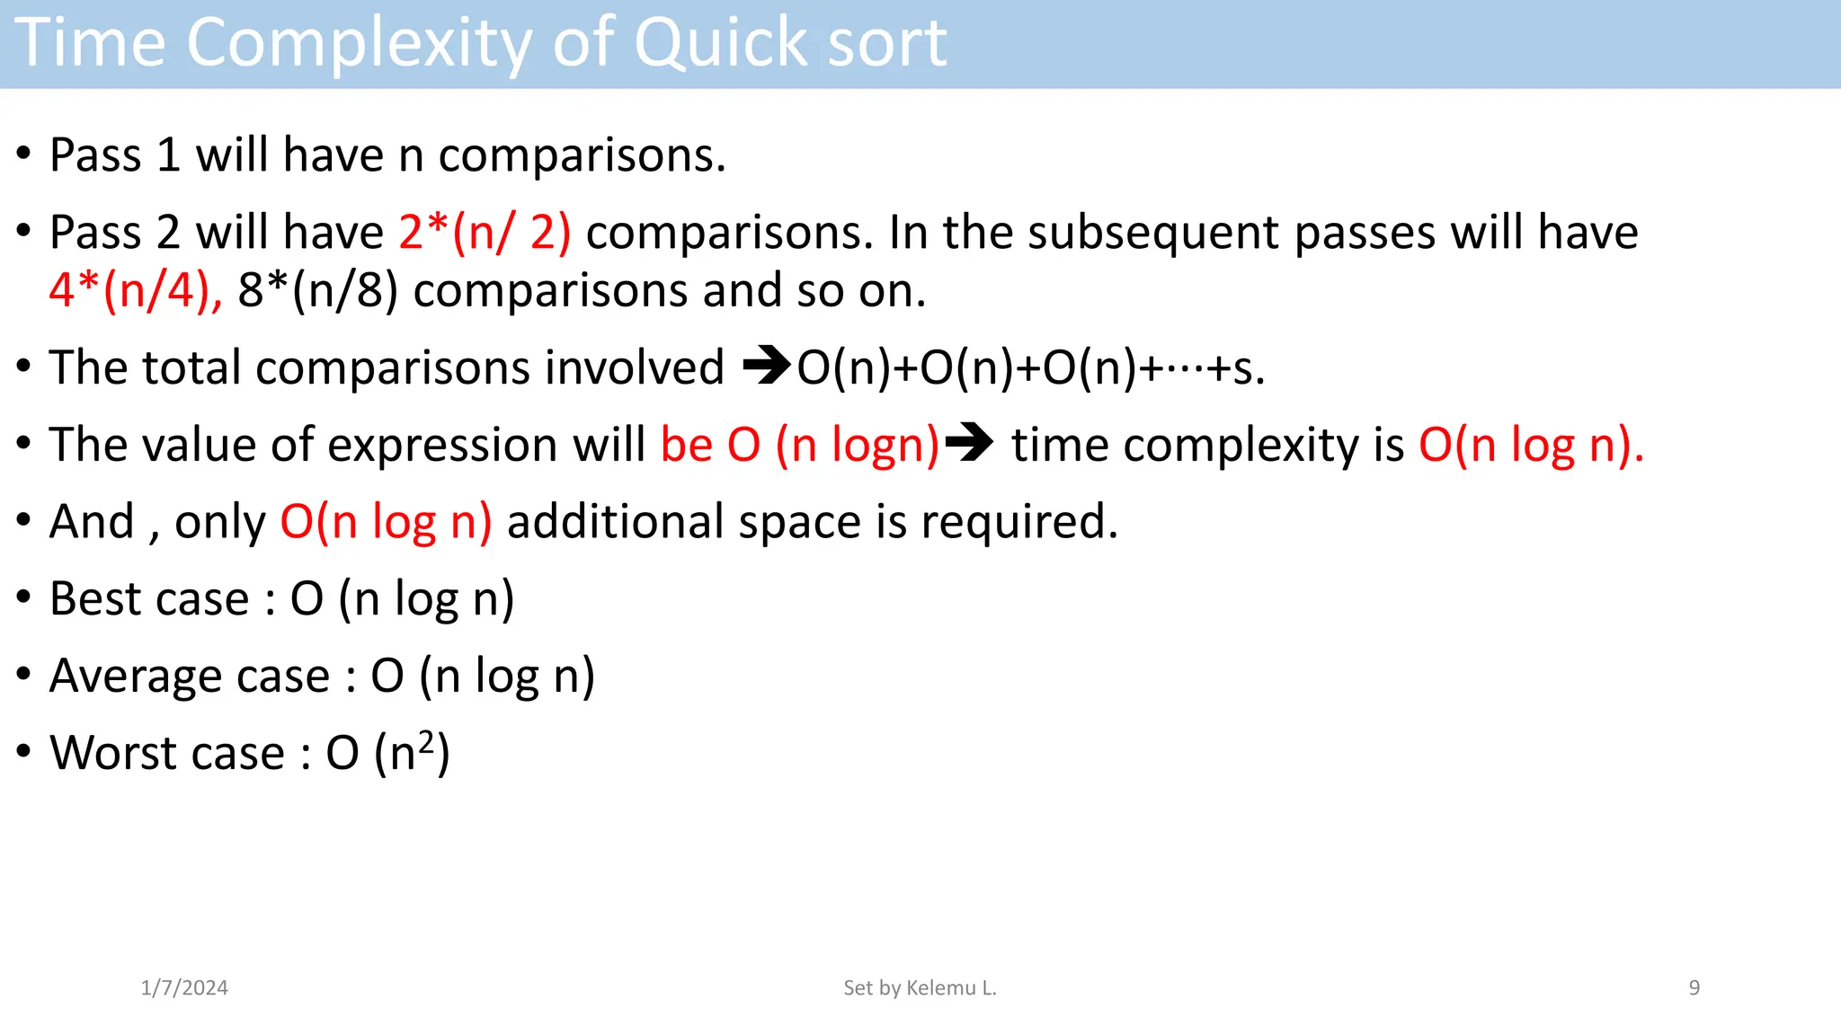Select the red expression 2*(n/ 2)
[x=485, y=233]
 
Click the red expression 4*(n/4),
[x=136, y=291]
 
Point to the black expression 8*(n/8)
[x=317, y=291]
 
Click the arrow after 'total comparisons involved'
[x=766, y=366]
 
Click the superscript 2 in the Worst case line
[x=426, y=742]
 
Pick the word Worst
[x=109, y=753]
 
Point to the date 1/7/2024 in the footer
[x=184, y=988]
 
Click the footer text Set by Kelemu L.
[x=920, y=988]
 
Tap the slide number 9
[x=1694, y=988]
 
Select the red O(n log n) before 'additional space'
[x=386, y=522]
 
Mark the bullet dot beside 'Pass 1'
[x=24, y=153]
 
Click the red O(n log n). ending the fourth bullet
[x=1531, y=445]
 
